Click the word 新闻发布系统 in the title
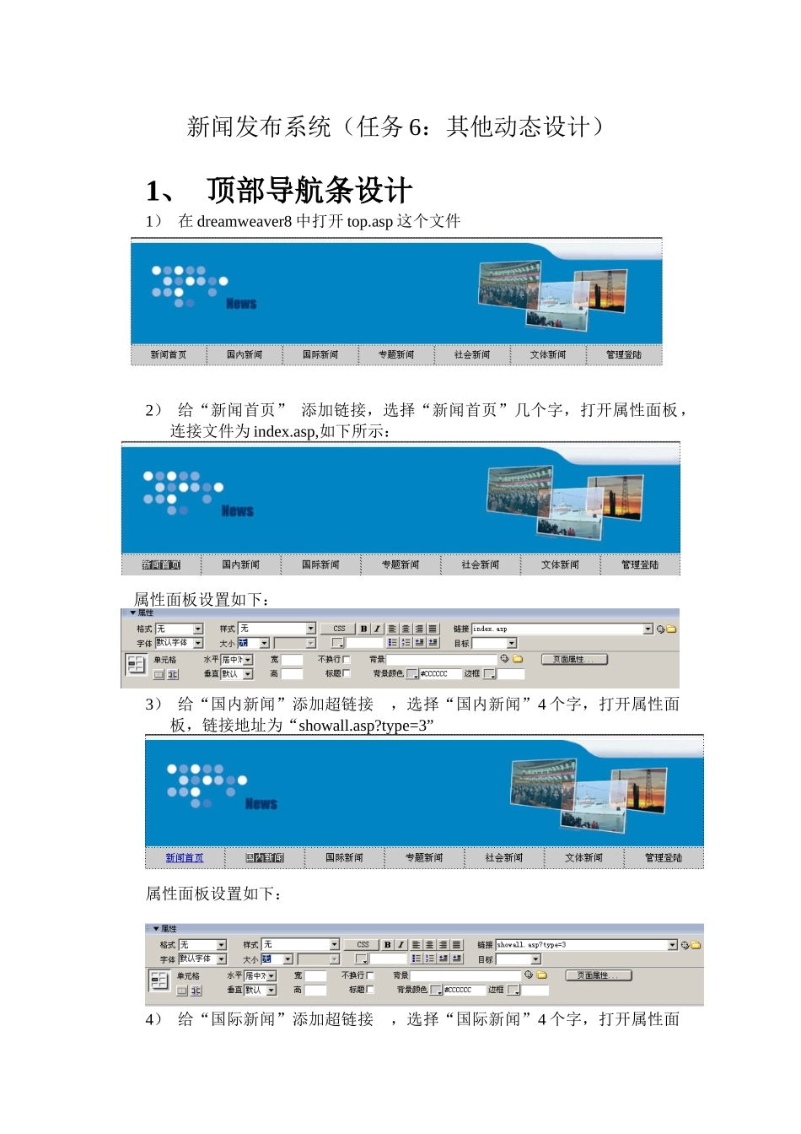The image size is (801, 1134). (259, 127)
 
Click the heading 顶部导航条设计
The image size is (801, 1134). (309, 191)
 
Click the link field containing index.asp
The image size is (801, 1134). (556, 629)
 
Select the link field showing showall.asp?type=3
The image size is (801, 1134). (581, 945)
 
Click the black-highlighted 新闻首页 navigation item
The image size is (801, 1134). (161, 565)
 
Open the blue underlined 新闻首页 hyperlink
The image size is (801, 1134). (185, 858)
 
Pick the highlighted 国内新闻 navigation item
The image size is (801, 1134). (265, 858)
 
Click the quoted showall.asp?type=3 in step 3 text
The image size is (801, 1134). (366, 726)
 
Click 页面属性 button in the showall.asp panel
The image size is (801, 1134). (598, 975)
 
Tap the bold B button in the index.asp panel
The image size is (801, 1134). (363, 629)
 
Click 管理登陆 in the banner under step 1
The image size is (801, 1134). (623, 355)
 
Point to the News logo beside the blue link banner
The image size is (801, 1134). (261, 804)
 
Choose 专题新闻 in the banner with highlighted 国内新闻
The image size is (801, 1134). (423, 858)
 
